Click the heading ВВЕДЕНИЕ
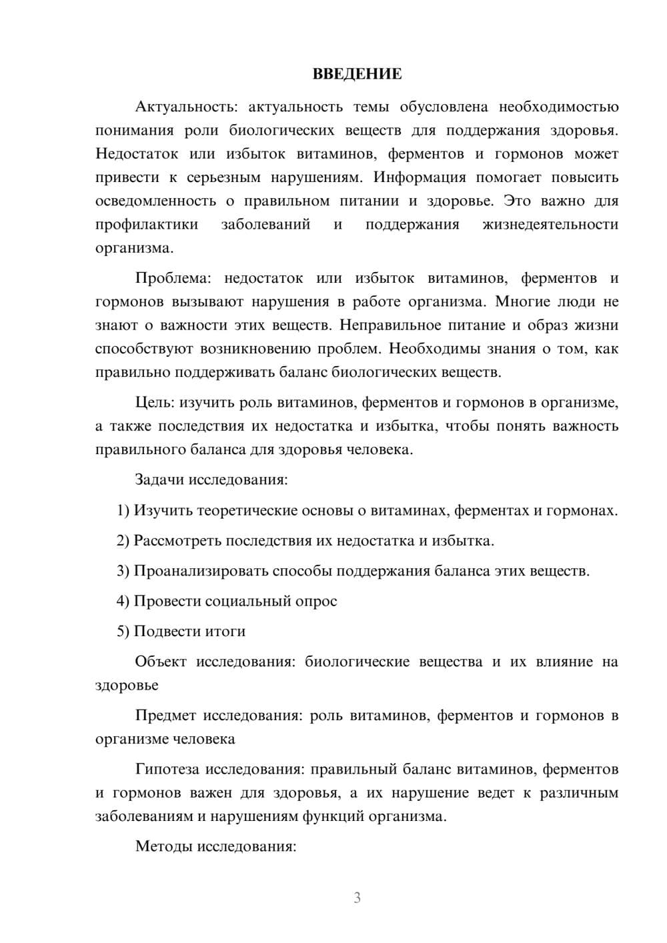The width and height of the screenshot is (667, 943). (357, 74)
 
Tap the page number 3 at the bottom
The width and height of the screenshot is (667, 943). (357, 898)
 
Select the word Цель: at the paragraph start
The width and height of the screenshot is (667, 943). (155, 402)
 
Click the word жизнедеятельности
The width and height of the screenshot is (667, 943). (550, 224)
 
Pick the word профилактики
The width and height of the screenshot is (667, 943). (147, 224)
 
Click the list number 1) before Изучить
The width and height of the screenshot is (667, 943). (123, 511)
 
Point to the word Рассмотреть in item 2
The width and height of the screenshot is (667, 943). (177, 541)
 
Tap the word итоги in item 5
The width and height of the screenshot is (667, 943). (226, 631)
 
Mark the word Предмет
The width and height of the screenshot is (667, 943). (165, 716)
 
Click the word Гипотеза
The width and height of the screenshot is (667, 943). (167, 769)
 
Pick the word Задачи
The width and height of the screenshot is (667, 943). (159, 480)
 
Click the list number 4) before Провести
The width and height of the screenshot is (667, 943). (123, 601)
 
